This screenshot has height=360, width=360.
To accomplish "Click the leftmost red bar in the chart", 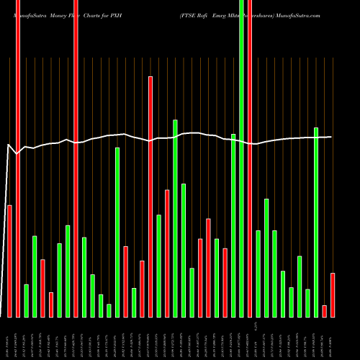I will [9, 261].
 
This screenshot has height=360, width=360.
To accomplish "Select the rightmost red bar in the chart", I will [333, 294].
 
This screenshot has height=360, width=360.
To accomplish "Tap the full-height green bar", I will [241, 158].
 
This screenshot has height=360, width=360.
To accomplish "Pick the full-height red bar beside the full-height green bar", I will [250, 158].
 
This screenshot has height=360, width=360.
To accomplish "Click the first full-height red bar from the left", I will [18, 158].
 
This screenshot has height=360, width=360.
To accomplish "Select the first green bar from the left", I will [26, 300].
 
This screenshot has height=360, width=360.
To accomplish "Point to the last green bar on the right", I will [316, 222].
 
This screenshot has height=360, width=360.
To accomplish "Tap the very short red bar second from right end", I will [324, 311].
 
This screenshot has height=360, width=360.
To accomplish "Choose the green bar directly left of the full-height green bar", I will [233, 225].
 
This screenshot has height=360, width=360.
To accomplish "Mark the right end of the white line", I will [332, 137].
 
